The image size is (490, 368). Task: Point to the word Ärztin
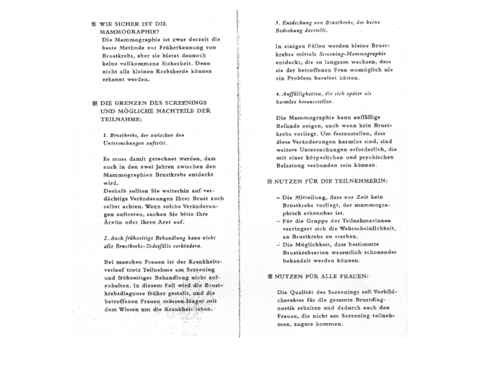pyautogui.click(x=112, y=223)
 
